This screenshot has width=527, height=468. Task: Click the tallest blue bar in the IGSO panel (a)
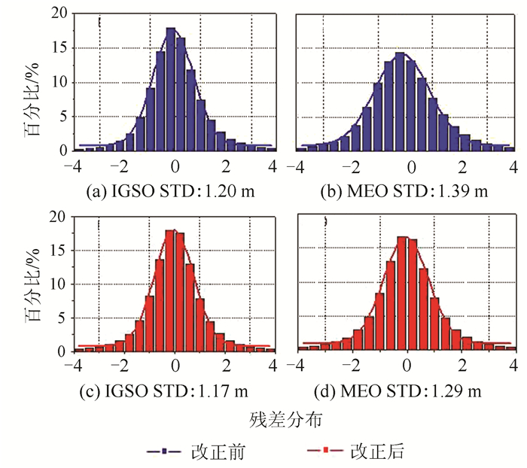171,90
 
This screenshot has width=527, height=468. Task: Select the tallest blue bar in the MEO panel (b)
400,102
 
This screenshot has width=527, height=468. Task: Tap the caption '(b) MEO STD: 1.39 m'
405,192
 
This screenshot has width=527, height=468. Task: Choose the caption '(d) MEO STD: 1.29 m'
405,391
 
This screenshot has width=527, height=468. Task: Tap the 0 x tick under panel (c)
175,366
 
